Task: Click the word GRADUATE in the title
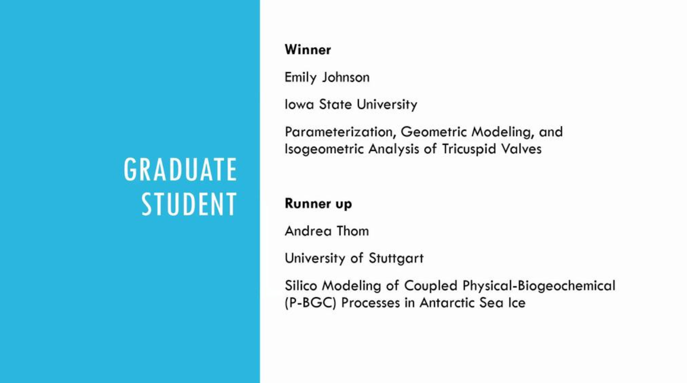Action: click(181, 169)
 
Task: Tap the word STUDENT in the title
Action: click(189, 204)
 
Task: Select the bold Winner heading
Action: click(307, 49)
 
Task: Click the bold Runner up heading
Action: click(318, 204)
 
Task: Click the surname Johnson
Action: click(346, 77)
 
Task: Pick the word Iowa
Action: click(300, 104)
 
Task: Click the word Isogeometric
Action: click(324, 149)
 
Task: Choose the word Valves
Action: click(521, 149)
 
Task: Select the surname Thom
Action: click(352, 231)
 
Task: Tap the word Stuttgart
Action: click(396, 258)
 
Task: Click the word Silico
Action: click(300, 285)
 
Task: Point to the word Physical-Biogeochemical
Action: click(539, 286)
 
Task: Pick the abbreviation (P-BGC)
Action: click(310, 303)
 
